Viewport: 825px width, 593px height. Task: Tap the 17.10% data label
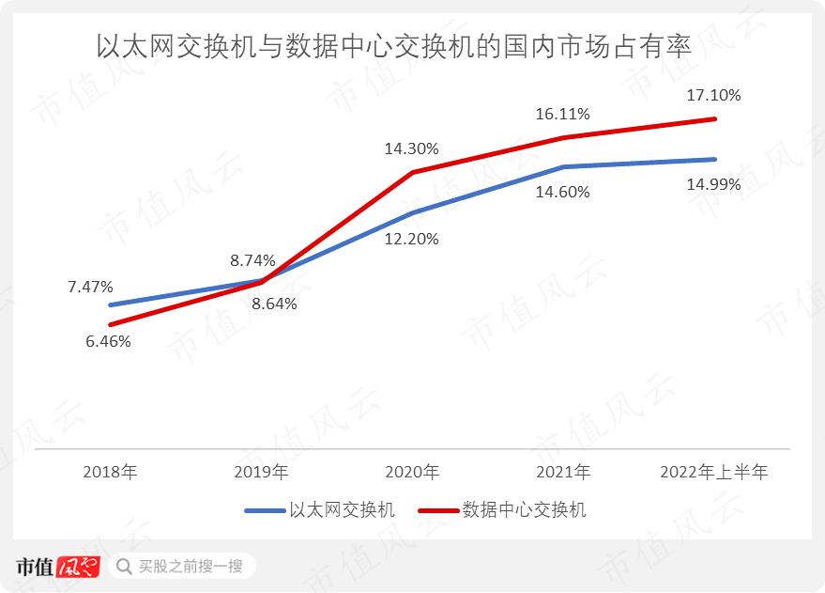pyautogui.click(x=713, y=95)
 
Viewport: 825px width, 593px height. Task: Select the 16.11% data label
pyautogui.click(x=562, y=115)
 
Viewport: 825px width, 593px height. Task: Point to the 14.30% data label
pyautogui.click(x=411, y=148)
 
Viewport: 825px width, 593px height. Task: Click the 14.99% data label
pyautogui.click(x=713, y=184)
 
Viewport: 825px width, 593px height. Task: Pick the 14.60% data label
pyautogui.click(x=562, y=192)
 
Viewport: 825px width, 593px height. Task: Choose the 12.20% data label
pyautogui.click(x=411, y=239)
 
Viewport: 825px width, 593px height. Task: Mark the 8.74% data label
pyautogui.click(x=252, y=260)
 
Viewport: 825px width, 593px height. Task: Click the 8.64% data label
pyautogui.click(x=274, y=304)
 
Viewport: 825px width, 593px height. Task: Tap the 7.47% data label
pyautogui.click(x=90, y=286)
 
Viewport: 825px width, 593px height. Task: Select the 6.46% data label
pyautogui.click(x=108, y=341)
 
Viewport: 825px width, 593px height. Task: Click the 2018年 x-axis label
pyautogui.click(x=110, y=472)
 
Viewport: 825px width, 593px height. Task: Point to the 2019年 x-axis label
pyautogui.click(x=261, y=472)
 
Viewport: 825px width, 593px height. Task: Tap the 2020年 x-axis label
pyautogui.click(x=412, y=472)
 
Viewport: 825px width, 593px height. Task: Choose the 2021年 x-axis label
pyautogui.click(x=563, y=472)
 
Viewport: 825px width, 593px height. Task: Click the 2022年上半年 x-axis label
pyautogui.click(x=714, y=472)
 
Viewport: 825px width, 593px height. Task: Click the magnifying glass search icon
pyautogui.click(x=123, y=567)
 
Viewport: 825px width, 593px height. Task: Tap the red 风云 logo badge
pyautogui.click(x=78, y=567)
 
